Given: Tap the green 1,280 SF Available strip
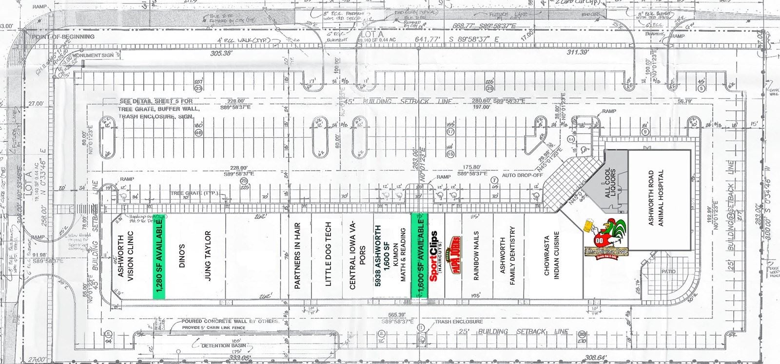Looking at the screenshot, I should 158,256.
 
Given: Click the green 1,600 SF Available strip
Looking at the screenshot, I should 419,255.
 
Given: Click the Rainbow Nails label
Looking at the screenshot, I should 476,255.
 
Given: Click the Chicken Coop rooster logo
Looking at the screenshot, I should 606,236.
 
